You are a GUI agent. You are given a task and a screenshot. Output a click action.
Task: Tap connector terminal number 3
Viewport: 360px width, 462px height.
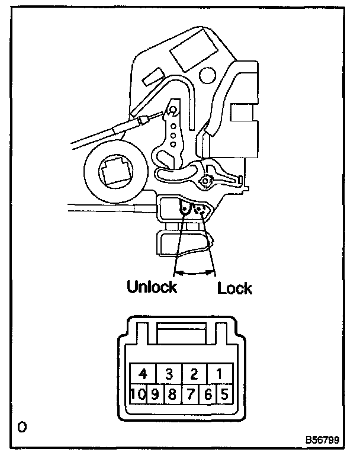pyautogui.click(x=169, y=374)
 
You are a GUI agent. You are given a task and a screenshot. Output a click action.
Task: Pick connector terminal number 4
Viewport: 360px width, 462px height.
pyautogui.click(x=143, y=374)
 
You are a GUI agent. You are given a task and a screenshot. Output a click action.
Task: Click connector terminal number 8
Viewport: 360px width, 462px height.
pyautogui.click(x=172, y=393)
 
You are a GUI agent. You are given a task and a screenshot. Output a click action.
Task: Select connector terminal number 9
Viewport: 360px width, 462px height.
pyautogui.click(x=155, y=393)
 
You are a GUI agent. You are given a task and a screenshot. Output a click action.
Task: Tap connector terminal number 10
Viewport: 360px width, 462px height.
pyautogui.click(x=138, y=393)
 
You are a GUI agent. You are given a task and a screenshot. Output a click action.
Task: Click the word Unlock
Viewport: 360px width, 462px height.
pyautogui.click(x=152, y=288)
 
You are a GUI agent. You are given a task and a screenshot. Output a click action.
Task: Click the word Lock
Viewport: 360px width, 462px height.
pyautogui.click(x=234, y=288)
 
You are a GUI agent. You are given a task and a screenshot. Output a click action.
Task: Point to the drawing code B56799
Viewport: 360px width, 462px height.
pyautogui.click(x=322, y=441)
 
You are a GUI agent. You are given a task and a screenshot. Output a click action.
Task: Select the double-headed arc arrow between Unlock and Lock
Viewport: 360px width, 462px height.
pyautogui.click(x=195, y=272)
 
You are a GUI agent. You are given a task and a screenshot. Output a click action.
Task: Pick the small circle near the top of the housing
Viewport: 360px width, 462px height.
pyautogui.click(x=208, y=75)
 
